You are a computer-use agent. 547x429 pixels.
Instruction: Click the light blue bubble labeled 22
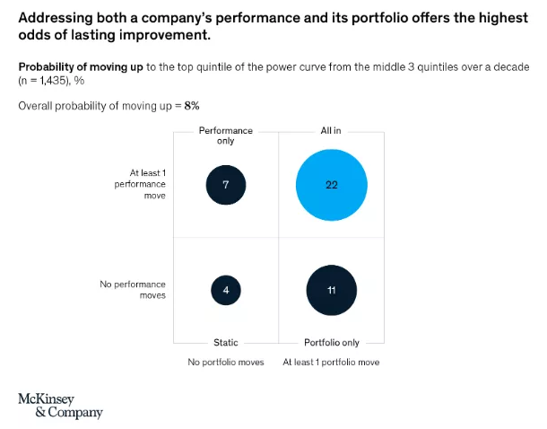332,184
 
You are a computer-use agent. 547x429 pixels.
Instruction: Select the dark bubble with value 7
225,184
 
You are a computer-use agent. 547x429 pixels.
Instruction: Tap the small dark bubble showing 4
225,290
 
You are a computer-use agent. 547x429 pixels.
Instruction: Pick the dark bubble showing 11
332,290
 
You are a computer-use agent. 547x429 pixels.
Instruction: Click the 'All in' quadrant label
331,131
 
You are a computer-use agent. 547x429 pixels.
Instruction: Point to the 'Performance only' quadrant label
225,136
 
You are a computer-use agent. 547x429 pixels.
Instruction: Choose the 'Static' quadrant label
225,342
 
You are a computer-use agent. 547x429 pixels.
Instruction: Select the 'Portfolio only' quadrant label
332,342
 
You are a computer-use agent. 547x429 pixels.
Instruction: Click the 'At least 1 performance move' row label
141,184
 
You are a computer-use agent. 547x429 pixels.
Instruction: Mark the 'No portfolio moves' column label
225,362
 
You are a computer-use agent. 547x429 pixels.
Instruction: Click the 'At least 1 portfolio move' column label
331,362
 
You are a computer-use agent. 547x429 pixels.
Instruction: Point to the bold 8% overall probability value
192,105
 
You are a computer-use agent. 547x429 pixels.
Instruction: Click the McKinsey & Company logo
60,406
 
